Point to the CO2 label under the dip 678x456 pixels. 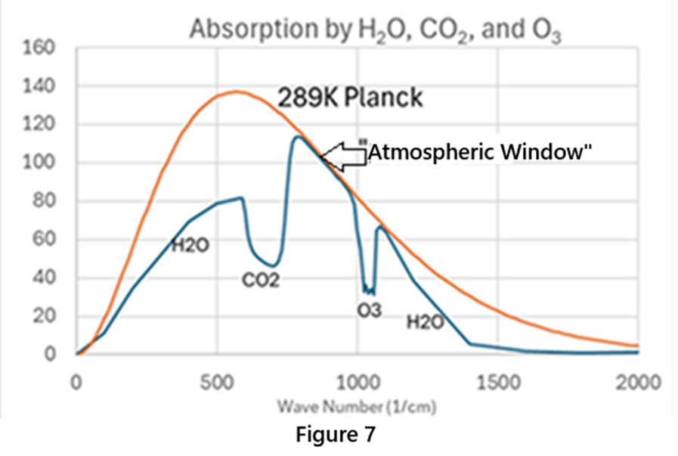click(x=261, y=281)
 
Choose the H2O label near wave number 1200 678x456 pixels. click(x=426, y=322)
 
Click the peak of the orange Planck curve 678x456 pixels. click(x=236, y=92)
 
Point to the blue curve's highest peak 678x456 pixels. click(x=297, y=137)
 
